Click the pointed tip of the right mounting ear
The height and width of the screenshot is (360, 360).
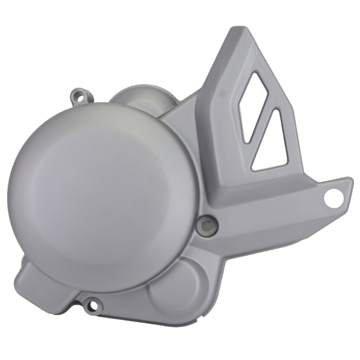(351, 183)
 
